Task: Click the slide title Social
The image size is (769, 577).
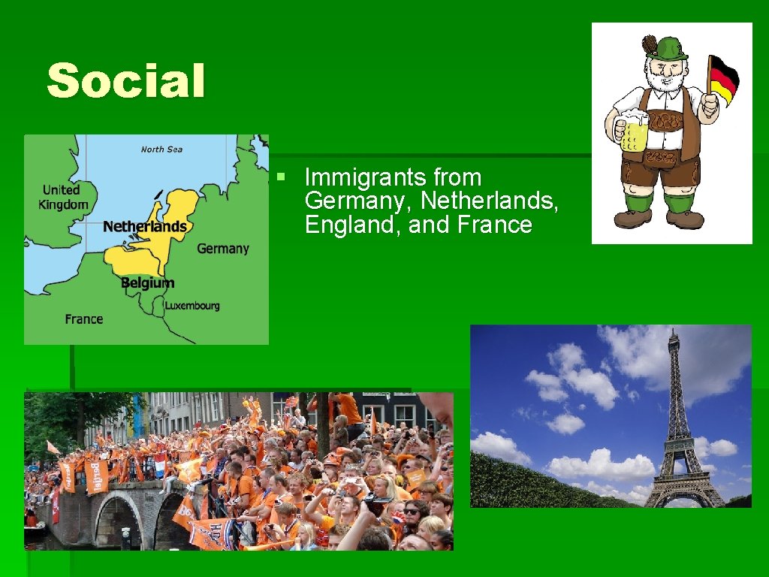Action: (125, 81)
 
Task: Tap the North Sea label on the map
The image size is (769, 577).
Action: (161, 150)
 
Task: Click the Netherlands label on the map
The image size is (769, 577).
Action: (145, 226)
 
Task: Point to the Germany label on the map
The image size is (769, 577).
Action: (222, 249)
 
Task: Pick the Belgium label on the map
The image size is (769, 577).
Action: (147, 282)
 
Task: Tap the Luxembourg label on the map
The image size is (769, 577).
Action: (192, 306)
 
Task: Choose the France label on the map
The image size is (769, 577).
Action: (83, 319)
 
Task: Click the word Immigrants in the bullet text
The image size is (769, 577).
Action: (357, 178)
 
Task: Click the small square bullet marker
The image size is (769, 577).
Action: (280, 178)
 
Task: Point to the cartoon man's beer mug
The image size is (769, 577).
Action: (632, 131)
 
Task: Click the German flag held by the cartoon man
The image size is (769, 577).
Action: (724, 78)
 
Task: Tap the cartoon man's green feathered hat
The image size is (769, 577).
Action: (665, 49)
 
